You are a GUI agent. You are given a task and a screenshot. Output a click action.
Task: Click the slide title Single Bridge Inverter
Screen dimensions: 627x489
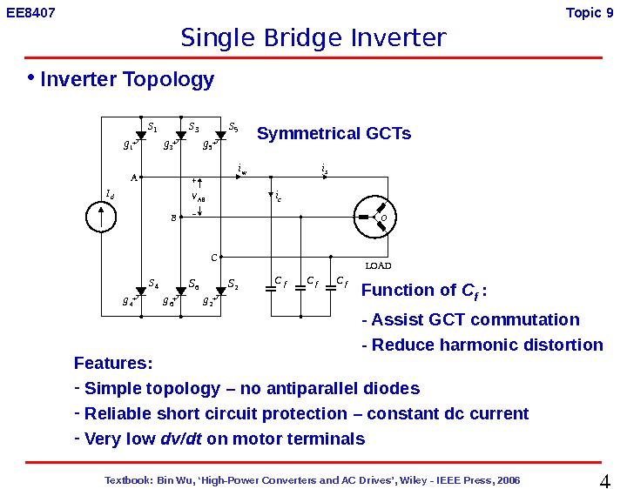313,38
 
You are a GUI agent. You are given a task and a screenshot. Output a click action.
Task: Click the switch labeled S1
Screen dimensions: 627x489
141,136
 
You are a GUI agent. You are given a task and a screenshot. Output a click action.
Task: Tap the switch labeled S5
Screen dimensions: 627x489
221,136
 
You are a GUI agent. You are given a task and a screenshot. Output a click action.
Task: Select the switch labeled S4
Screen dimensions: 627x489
141,291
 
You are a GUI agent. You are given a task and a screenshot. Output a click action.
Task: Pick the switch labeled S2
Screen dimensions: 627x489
221,291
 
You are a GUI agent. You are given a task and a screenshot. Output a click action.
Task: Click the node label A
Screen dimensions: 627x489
133,178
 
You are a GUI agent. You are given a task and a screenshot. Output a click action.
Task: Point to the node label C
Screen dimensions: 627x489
213,258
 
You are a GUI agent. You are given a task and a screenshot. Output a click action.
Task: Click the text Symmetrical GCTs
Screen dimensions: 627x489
334,134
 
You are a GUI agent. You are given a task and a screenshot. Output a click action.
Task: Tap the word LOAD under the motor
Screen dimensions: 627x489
378,265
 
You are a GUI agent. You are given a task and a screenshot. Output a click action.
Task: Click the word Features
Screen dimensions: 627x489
113,363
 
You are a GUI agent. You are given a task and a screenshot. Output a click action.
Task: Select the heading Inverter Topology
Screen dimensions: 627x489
127,80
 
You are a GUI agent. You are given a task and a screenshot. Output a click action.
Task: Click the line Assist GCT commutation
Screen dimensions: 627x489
470,319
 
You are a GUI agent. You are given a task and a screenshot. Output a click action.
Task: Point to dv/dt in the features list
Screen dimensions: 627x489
182,439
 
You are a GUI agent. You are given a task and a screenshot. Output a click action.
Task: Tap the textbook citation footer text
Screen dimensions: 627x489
313,479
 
